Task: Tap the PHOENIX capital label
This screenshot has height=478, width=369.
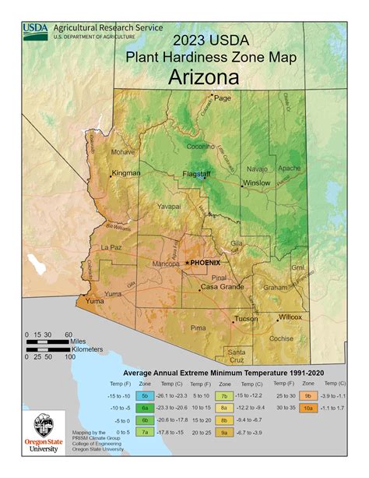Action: pyautogui.click(x=206, y=263)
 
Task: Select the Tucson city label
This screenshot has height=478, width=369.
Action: pyautogui.click(x=245, y=318)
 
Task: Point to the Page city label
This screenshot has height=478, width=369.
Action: pyautogui.click(x=223, y=98)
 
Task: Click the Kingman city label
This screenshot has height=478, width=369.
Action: pyautogui.click(x=126, y=172)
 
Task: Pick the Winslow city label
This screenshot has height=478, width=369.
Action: pyautogui.click(x=257, y=183)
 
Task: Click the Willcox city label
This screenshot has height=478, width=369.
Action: pyautogui.click(x=290, y=317)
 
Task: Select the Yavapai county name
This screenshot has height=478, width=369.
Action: pyautogui.click(x=169, y=207)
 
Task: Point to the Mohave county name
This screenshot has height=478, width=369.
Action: pyautogui.click(x=122, y=152)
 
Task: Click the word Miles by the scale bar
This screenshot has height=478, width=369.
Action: pyautogui.click(x=78, y=341)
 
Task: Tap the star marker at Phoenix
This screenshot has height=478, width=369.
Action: pyautogui.click(x=187, y=264)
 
